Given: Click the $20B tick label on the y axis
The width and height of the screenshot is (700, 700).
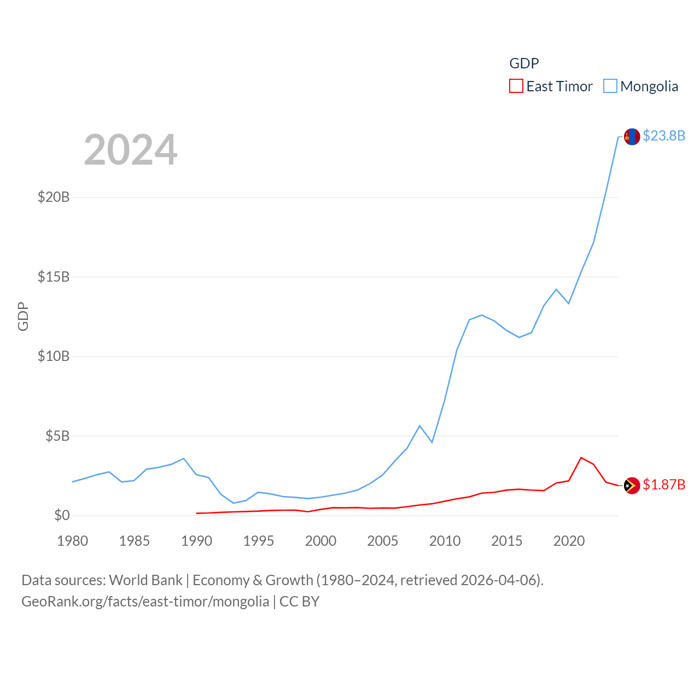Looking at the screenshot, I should [x=54, y=197].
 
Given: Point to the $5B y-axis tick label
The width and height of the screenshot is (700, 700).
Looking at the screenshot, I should [x=57, y=436].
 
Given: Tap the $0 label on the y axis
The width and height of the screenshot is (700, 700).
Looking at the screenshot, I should [x=62, y=515].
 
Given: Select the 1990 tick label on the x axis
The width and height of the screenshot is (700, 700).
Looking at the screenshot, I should [x=196, y=541].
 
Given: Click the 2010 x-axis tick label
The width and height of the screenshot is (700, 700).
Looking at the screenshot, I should [x=445, y=541].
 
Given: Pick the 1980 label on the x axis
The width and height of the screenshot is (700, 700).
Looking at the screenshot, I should [x=73, y=541].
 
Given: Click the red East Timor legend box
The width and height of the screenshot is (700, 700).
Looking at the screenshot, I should [x=516, y=86].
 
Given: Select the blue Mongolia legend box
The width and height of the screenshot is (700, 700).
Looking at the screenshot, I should [x=610, y=86].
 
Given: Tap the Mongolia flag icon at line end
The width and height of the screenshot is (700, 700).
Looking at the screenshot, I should [x=632, y=137].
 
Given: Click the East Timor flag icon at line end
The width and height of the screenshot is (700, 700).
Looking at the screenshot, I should [x=632, y=485].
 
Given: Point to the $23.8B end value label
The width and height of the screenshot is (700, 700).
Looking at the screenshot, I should [x=664, y=136].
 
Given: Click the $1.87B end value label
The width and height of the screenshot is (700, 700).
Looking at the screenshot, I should [x=664, y=485].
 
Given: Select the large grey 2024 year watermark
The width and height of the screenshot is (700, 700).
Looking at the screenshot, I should [x=131, y=150].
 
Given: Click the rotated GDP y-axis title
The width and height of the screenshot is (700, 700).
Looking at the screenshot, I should [x=23, y=316].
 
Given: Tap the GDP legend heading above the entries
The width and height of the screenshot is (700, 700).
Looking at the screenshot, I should [x=524, y=63].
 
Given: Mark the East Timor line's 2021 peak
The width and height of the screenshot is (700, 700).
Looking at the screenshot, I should [x=581, y=458].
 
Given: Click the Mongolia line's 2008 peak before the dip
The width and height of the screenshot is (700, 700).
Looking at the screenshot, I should [x=419, y=425].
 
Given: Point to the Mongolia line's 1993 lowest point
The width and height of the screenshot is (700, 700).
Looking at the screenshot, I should [x=234, y=503].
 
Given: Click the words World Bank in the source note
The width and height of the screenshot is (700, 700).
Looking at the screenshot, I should [x=145, y=580].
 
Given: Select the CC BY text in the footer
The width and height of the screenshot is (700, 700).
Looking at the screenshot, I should [x=299, y=602].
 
